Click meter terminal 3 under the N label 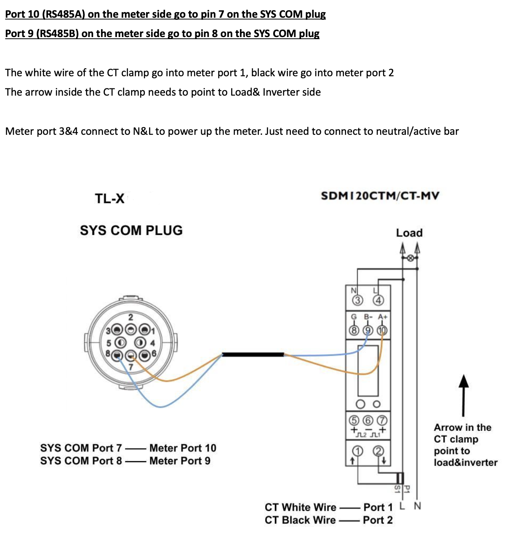(x=357, y=300)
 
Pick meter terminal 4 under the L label (x=379, y=300)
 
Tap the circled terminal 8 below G (x=354, y=330)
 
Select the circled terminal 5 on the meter (x=354, y=420)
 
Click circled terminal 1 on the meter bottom (x=357, y=451)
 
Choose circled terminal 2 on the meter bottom (x=379, y=451)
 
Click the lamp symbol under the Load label (x=410, y=257)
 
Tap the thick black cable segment (x=253, y=354)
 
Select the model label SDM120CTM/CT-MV (x=380, y=196)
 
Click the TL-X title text (x=109, y=198)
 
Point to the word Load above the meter (x=409, y=233)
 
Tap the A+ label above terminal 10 (x=383, y=317)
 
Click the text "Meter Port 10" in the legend (x=183, y=448)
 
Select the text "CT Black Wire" (x=300, y=520)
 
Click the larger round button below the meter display (x=361, y=404)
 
